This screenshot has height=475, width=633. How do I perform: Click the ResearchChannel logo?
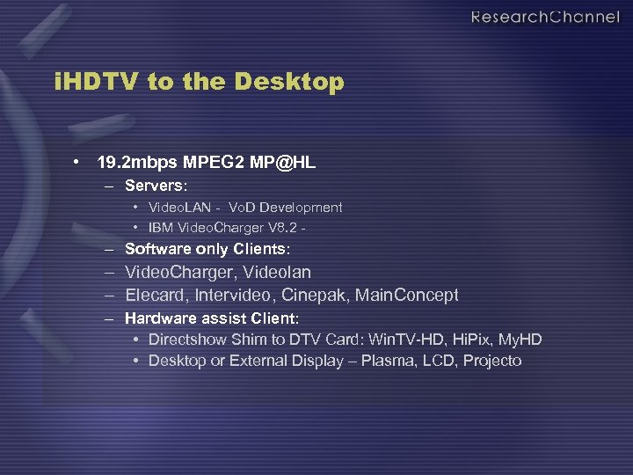544,18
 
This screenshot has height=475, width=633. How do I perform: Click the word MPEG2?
206,163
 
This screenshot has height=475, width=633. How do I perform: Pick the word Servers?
156,186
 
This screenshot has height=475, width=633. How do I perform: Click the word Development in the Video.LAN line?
299,208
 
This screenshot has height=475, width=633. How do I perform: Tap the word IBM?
161,228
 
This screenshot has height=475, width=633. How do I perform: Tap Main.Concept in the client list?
407,295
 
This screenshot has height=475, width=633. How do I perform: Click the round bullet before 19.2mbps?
79,163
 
